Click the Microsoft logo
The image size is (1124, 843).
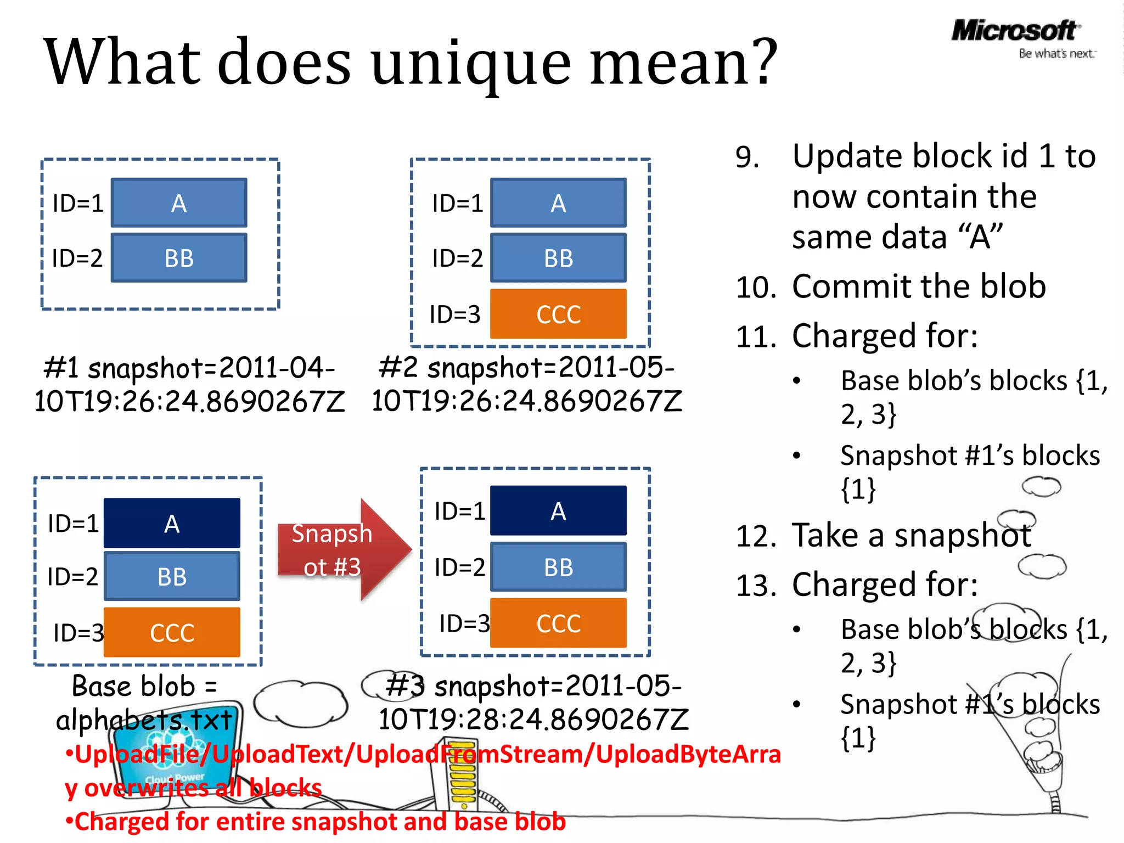click(x=1014, y=30)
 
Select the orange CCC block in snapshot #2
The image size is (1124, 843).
click(x=558, y=314)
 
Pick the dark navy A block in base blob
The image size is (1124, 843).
click(x=172, y=523)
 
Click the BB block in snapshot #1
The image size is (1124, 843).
click(x=179, y=258)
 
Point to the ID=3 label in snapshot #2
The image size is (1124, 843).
click(x=455, y=314)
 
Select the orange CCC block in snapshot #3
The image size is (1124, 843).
click(x=558, y=623)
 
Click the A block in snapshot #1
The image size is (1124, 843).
click(x=179, y=203)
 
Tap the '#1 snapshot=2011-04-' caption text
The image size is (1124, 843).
click(x=189, y=368)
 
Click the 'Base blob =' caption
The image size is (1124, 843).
click(x=145, y=686)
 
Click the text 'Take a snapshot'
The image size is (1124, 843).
click(x=911, y=536)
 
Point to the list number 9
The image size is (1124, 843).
click(x=748, y=158)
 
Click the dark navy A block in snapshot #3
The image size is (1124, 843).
click(x=558, y=510)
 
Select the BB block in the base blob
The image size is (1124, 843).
click(x=172, y=576)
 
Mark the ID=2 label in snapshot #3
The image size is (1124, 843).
click(x=460, y=567)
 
